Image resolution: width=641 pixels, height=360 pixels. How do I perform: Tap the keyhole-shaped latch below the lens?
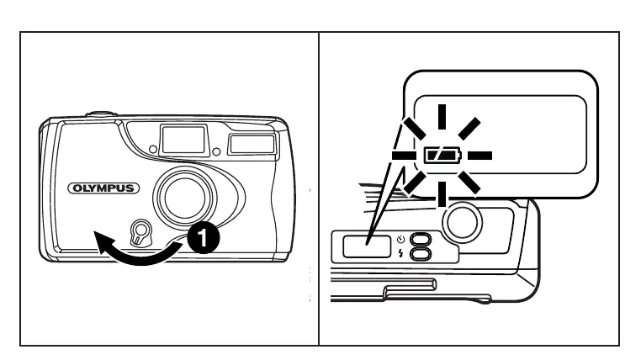point(141,231)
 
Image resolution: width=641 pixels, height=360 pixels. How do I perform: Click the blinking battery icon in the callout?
point(439,156)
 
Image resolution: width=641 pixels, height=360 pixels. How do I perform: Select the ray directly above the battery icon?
point(439,115)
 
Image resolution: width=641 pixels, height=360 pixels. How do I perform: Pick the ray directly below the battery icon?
point(439,195)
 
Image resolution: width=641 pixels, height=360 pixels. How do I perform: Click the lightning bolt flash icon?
point(401,252)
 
